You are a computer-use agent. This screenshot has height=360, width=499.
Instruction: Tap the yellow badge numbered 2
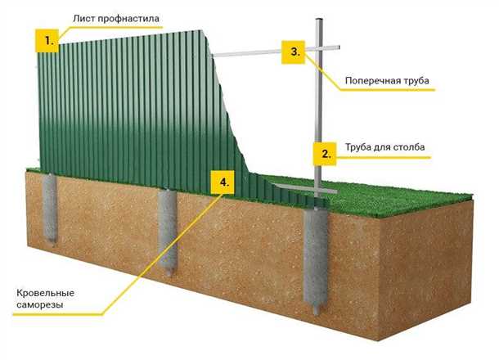tap(326, 153)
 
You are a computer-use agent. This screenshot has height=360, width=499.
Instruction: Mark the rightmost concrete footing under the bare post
tap(317, 261)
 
